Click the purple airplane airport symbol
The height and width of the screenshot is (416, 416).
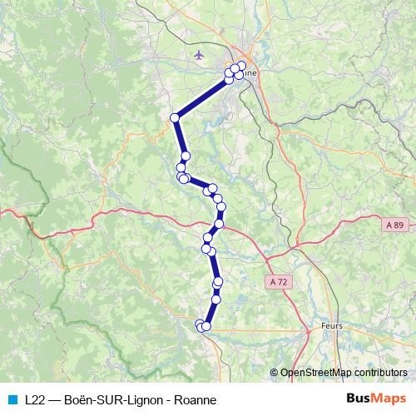(x=198, y=56)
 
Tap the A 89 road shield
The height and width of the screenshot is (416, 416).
(x=396, y=225)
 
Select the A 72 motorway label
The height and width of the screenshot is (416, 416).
(x=279, y=282)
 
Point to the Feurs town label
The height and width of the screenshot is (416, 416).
(x=331, y=327)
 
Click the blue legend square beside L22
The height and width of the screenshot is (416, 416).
(x=11, y=399)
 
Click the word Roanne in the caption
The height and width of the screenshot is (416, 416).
(x=196, y=399)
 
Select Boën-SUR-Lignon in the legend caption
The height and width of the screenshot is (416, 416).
(x=116, y=399)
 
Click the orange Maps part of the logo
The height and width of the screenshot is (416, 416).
(x=391, y=399)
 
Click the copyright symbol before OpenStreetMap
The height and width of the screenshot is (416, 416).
(x=274, y=373)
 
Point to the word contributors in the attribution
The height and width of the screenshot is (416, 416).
(x=379, y=373)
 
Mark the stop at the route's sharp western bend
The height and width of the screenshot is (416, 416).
(x=175, y=118)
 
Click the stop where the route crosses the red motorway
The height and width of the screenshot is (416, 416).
(x=220, y=224)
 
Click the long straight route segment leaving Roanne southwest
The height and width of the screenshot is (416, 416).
(x=202, y=98)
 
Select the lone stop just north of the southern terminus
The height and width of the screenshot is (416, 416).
(x=216, y=298)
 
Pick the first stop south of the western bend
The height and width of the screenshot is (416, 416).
(x=186, y=156)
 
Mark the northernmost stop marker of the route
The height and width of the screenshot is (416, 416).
(x=242, y=66)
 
